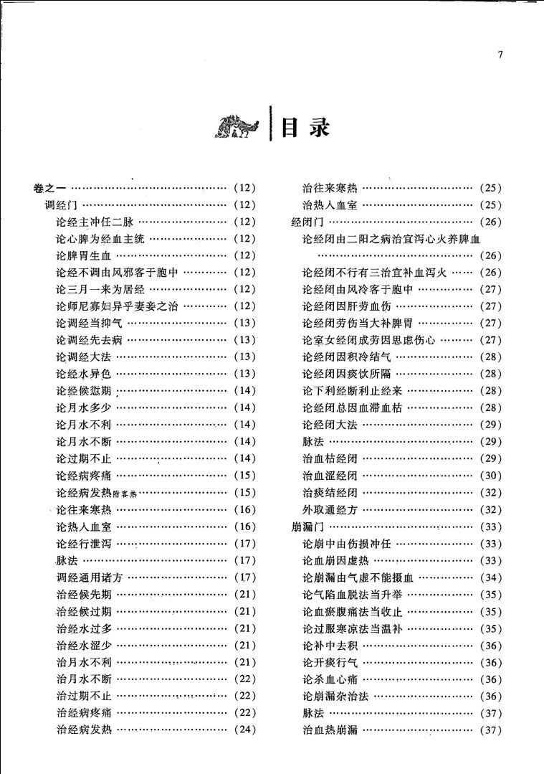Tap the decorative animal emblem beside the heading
pos(238,129)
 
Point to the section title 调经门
pos(61,205)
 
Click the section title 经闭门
pos(307,222)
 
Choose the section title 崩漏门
pos(307,527)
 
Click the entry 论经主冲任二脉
pos(95,222)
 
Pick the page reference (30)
pos(490,476)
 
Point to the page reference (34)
pos(490,577)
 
